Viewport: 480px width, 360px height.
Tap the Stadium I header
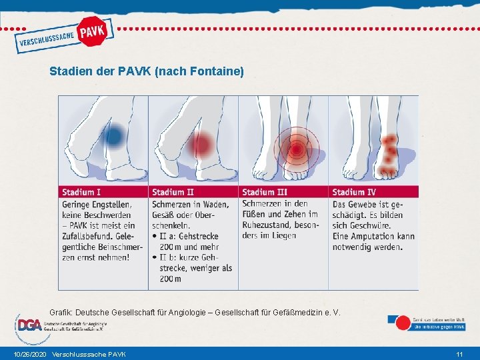click(82, 192)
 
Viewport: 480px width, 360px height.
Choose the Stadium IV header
click(354, 192)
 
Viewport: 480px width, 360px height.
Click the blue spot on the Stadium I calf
click(114, 137)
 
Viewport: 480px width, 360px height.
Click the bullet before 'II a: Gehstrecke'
click(155, 236)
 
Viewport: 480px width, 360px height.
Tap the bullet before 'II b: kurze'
click(155, 257)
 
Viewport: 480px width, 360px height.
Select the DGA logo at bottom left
click(30, 325)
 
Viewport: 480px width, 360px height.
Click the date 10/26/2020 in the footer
click(30, 353)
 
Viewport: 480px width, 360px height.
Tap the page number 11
click(459, 353)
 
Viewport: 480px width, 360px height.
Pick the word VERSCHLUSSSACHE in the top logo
click(46, 41)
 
